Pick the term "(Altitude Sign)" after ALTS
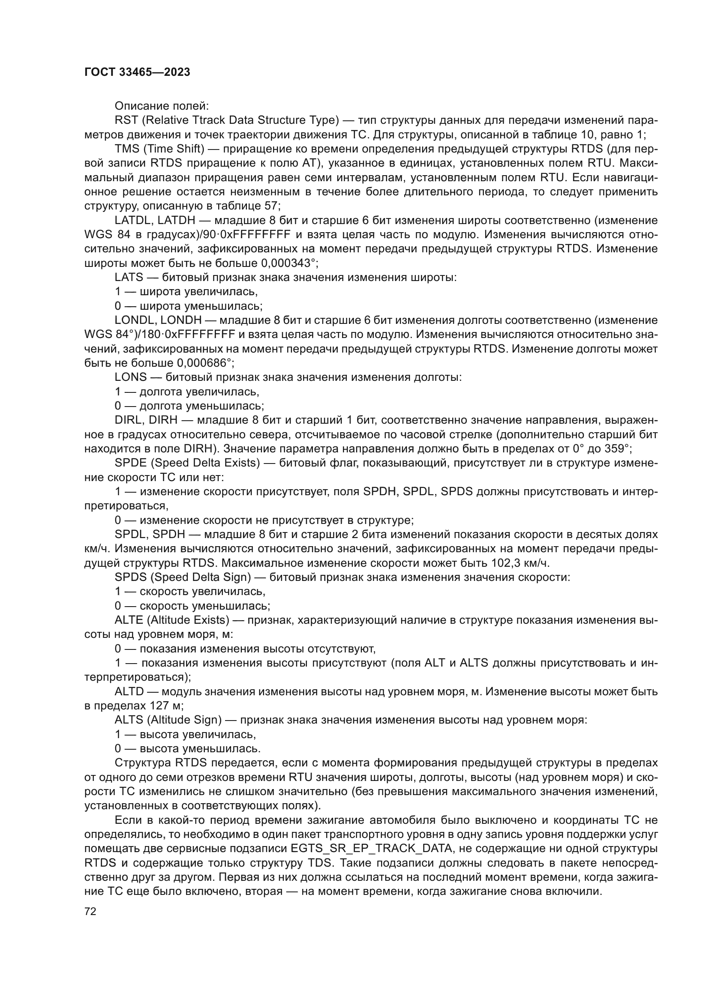click(x=187, y=720)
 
